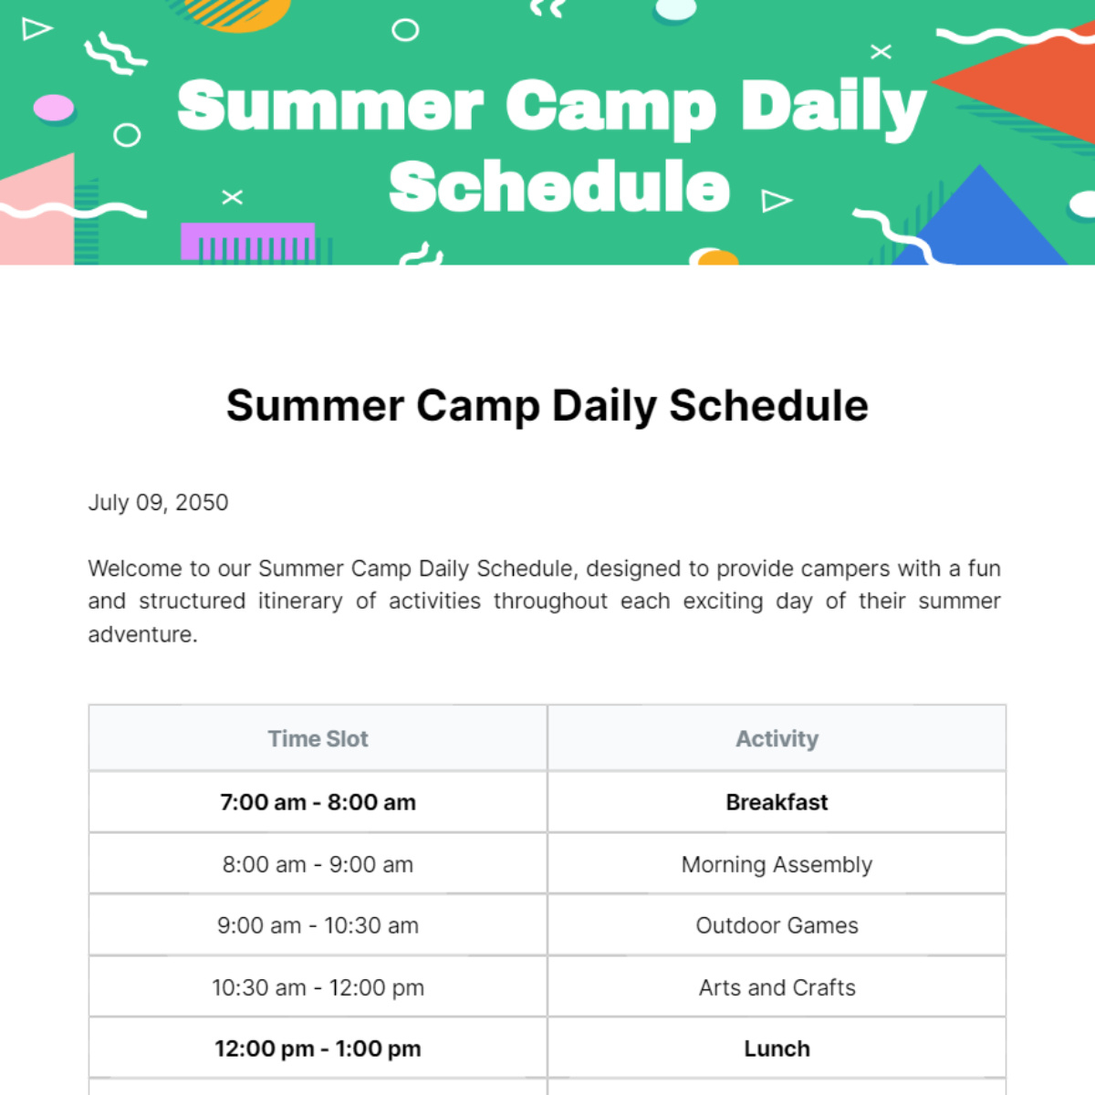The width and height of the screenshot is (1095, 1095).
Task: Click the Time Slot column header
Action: click(318, 738)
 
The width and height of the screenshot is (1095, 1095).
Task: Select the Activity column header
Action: click(777, 738)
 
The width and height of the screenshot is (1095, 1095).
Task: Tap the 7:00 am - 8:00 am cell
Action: click(318, 802)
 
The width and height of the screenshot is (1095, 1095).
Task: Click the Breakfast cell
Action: click(777, 802)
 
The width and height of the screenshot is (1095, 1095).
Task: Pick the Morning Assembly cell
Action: click(777, 864)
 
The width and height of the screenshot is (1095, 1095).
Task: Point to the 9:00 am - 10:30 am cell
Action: click(318, 925)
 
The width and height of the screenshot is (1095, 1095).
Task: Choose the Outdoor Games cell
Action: click(777, 925)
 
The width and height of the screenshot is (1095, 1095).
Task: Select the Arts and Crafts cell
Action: click(777, 987)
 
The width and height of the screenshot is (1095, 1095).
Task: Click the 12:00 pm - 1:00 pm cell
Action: click(318, 1048)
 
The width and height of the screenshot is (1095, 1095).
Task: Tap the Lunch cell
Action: click(777, 1048)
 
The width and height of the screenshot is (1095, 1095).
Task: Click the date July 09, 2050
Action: click(158, 503)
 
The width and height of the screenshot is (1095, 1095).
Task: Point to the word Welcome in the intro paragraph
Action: click(134, 568)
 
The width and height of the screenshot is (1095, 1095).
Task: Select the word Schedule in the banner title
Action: click(559, 186)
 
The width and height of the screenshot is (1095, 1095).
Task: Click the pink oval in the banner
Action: click(53, 108)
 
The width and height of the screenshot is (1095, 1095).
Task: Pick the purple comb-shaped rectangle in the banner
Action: click(247, 241)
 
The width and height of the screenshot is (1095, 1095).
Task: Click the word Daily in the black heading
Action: click(604, 406)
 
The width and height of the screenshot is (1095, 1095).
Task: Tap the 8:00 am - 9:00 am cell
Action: click(318, 864)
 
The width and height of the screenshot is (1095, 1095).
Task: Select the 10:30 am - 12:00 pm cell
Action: click(318, 987)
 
